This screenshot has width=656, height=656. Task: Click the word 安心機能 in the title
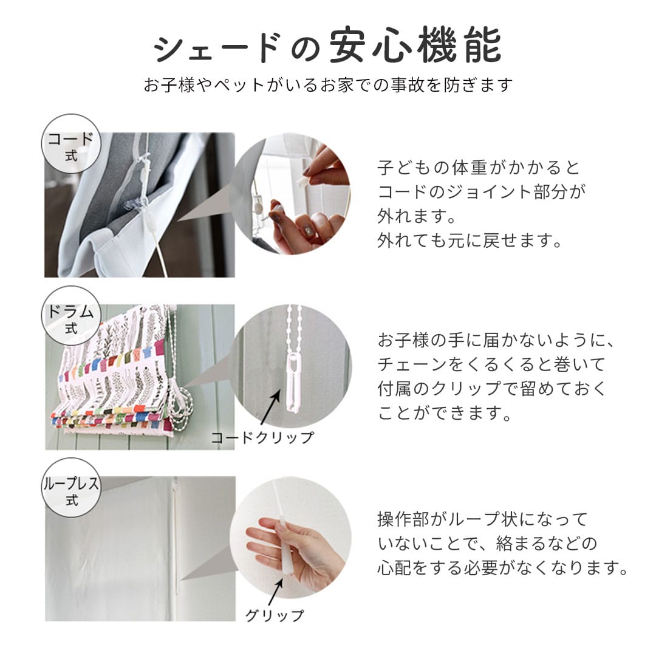pyautogui.click(x=415, y=46)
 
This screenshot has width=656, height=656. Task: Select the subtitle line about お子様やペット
pyautogui.click(x=328, y=84)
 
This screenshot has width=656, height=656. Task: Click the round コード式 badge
pyautogui.click(x=71, y=144)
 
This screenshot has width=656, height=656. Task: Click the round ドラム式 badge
pyautogui.click(x=71, y=316)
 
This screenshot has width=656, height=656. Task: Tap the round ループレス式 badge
pyautogui.click(x=71, y=488)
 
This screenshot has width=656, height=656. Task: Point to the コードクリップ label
pyautogui.click(x=262, y=437)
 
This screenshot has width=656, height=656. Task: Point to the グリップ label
pyautogui.click(x=274, y=615)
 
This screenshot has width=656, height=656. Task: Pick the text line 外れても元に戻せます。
pyautogui.click(x=468, y=241)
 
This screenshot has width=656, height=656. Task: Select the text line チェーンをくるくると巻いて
pyautogui.click(x=491, y=364)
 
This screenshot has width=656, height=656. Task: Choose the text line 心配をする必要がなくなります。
pyautogui.click(x=502, y=569)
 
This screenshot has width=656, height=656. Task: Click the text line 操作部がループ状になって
pyautogui.click(x=483, y=519)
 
